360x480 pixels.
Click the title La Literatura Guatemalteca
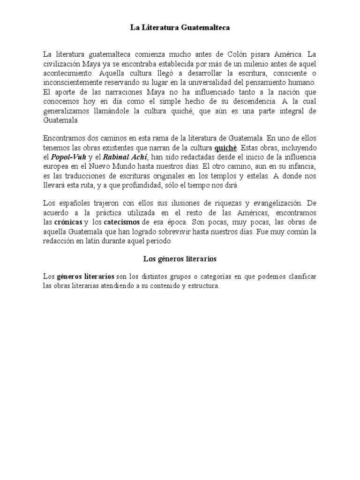pyautogui.click(x=180, y=29)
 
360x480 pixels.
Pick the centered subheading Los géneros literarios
pyautogui.click(x=180, y=258)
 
